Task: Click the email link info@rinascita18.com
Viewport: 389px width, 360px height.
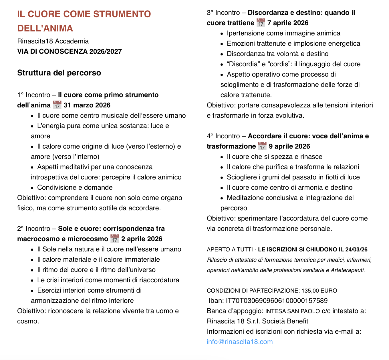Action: [240, 342]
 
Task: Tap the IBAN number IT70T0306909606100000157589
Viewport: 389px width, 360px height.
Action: [277, 301]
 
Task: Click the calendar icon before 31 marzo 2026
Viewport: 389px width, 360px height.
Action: [57, 105]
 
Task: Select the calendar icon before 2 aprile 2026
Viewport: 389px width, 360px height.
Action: [115, 239]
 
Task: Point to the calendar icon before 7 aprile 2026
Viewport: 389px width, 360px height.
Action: [261, 23]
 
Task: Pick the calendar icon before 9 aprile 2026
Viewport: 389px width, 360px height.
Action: [262, 146]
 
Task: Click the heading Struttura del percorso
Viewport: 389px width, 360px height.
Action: [59, 73]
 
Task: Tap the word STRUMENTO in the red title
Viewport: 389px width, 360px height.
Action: [122, 14]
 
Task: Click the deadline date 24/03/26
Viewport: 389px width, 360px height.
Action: [356, 249]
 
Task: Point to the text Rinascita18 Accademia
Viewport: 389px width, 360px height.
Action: [53, 41]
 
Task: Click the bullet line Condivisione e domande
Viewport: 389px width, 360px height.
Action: [75, 187]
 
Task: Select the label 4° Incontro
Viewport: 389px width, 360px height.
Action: [223, 136]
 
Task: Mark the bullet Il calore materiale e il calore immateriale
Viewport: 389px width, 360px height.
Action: [98, 259]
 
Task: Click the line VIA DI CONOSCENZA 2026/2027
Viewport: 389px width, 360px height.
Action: [70, 51]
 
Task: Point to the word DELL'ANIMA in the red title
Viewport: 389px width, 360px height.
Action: [45, 28]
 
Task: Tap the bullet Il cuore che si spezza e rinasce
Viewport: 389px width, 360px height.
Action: [274, 157]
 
